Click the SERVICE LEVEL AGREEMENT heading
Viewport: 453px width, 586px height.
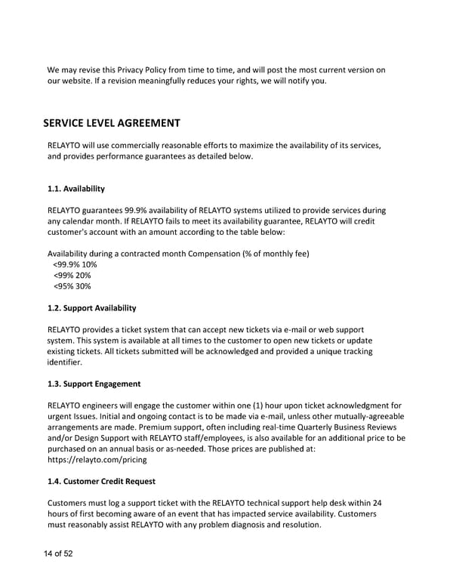[x=112, y=122]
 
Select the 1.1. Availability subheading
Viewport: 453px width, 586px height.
[x=75, y=188]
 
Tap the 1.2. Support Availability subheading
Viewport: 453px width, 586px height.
[x=91, y=308]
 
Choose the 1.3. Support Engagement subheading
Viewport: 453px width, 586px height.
[x=94, y=384]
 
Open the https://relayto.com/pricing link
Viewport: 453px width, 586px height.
[x=97, y=459]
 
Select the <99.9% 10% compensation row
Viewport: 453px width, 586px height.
[x=75, y=265]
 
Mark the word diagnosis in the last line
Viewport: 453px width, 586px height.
[x=252, y=524]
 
